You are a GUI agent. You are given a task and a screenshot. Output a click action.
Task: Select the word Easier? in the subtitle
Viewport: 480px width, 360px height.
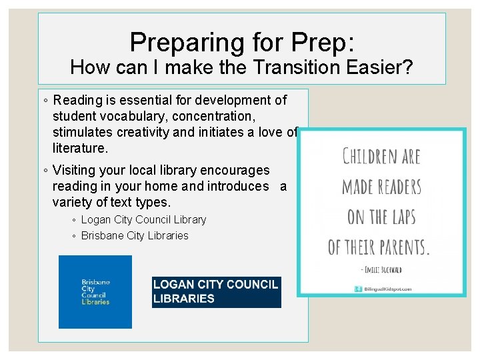point(385,67)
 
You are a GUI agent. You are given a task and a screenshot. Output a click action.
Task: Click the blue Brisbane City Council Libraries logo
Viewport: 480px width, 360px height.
point(95,292)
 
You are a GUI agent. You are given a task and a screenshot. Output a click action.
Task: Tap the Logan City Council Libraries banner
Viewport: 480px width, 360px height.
point(216,292)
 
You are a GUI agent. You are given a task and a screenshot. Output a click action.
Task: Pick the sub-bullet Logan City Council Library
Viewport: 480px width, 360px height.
point(143,219)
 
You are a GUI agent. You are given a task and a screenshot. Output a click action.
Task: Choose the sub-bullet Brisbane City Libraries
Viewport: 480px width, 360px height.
point(135,235)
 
